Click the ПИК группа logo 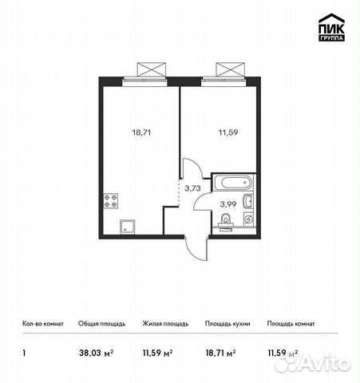(331, 27)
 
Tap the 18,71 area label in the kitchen (141, 132)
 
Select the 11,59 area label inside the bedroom (228, 132)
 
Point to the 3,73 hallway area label (192, 188)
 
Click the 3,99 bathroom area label (228, 204)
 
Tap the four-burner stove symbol (111, 201)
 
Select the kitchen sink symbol (128, 227)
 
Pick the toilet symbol (227, 223)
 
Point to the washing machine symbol (248, 219)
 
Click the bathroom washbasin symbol (248, 201)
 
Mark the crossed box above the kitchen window (152, 69)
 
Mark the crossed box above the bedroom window (230, 69)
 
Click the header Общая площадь (101, 324)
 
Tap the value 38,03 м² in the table (97, 353)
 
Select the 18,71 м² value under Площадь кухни (220, 353)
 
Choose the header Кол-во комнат (43, 324)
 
